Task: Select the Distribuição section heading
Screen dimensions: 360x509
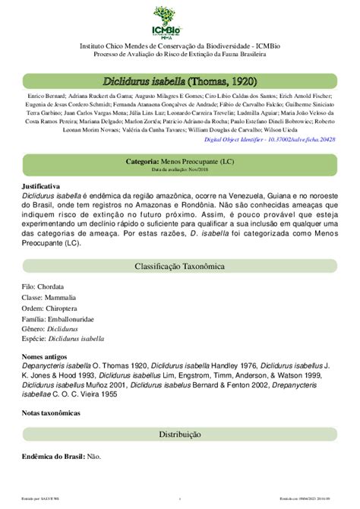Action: [x=180, y=434]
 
